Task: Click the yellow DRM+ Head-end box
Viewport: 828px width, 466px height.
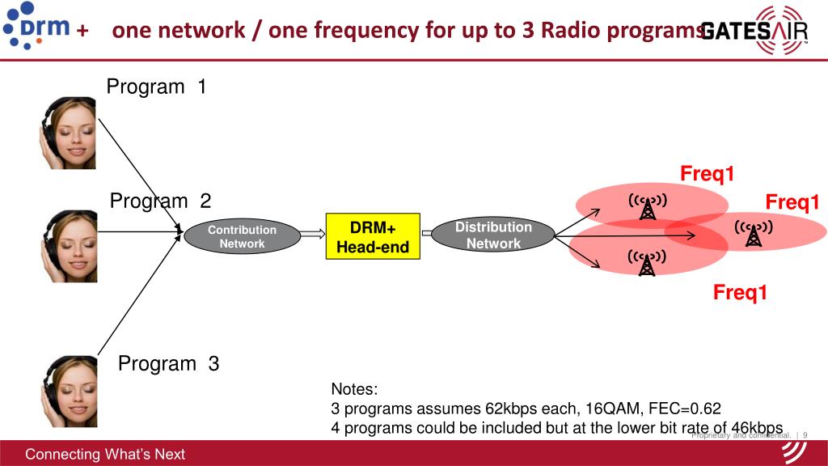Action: [373, 236]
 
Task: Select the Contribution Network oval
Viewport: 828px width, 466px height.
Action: [242, 236]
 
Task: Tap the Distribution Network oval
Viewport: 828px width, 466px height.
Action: [493, 235]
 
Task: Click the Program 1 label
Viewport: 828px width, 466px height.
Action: [157, 87]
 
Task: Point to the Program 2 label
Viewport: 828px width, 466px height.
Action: [160, 201]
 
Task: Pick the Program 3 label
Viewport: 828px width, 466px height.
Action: [168, 363]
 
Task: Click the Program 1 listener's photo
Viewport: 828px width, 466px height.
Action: [68, 133]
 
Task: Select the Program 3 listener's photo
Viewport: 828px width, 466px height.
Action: [68, 392]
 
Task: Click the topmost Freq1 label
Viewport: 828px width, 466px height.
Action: [707, 174]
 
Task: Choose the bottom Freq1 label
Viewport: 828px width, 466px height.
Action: [739, 292]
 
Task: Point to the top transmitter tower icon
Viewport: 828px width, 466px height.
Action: [647, 207]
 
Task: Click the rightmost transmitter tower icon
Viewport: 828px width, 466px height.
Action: [754, 234]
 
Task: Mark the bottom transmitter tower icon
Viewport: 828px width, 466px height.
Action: [647, 262]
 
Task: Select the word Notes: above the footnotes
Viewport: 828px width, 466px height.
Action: [354, 389]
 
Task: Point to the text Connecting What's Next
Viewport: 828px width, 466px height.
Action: [105, 454]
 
